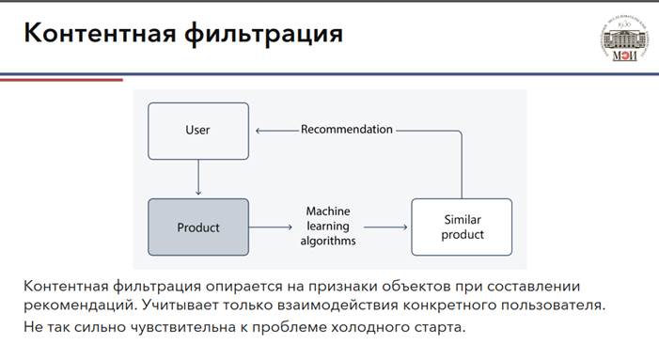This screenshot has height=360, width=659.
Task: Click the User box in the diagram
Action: (198, 131)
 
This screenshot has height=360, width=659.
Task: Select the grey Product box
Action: (198, 227)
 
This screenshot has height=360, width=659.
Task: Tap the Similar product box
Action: (462, 227)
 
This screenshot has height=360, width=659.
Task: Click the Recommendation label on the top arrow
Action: (347, 130)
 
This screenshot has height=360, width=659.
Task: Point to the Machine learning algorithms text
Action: (328, 226)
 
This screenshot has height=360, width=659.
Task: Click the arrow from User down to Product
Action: (198, 178)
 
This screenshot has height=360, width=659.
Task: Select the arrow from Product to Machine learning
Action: (270, 227)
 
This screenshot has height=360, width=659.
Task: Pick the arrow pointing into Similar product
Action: (385, 227)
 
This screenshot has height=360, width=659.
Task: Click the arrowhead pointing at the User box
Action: (258, 131)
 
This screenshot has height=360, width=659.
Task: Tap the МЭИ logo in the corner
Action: (624, 39)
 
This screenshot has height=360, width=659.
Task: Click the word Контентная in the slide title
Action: (100, 33)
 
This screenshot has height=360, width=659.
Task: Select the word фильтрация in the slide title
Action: (263, 35)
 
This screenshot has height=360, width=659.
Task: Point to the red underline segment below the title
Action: (61, 79)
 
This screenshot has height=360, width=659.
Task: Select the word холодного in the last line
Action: (366, 327)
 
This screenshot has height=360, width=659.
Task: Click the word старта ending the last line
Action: (435, 328)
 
